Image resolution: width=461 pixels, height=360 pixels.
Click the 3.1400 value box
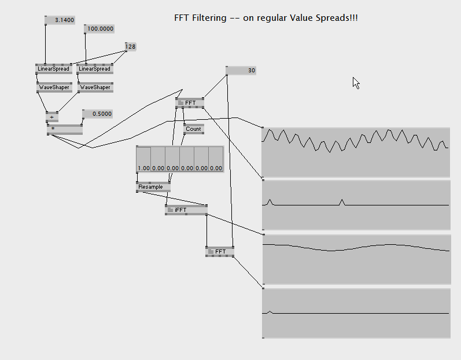coord(60,20)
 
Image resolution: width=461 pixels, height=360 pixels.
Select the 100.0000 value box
coord(99,28)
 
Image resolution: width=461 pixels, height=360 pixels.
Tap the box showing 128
coord(131,46)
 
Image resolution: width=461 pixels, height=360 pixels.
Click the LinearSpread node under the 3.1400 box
coord(54,69)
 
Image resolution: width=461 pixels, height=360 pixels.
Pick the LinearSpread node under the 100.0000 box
coord(95,69)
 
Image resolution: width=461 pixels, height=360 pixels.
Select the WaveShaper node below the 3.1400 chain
coord(54,87)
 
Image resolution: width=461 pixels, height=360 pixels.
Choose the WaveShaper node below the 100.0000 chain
coord(95,87)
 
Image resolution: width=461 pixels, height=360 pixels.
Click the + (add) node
coord(52,117)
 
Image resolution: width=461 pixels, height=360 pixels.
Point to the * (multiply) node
coord(64,129)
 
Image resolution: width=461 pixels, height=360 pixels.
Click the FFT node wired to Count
coord(190,103)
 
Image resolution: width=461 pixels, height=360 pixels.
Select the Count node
coord(193,129)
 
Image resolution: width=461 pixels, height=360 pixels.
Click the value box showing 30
coord(241,71)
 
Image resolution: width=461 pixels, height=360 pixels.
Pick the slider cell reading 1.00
coord(143,159)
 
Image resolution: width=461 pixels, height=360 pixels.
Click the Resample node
coord(153,187)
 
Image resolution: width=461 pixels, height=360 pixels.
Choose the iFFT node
coord(186,210)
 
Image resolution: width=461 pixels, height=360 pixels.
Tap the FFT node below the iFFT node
coord(220,252)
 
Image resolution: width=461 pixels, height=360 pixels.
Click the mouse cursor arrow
coord(356,82)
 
